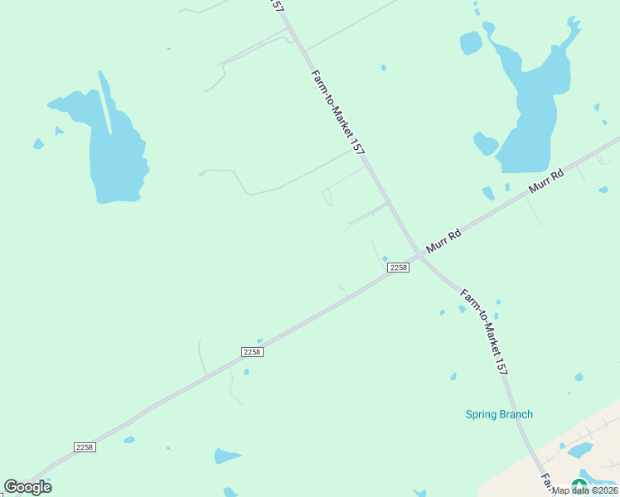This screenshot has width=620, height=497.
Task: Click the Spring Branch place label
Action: (499, 414)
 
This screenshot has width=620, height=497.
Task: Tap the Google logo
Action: (28, 487)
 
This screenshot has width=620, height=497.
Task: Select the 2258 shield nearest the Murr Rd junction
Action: (398, 268)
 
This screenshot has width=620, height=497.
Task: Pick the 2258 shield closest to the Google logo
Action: (85, 447)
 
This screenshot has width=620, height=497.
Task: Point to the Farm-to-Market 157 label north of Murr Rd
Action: (338, 113)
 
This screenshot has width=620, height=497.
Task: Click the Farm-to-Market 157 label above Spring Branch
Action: (483, 332)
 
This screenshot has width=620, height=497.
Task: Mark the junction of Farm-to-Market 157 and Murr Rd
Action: (419, 256)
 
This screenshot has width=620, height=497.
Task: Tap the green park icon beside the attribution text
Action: (579, 485)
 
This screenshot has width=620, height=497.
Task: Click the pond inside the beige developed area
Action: (579, 450)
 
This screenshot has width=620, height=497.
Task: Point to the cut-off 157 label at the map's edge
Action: (278, 5)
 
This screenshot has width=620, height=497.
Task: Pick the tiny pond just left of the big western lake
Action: (38, 144)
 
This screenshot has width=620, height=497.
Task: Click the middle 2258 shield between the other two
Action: (253, 352)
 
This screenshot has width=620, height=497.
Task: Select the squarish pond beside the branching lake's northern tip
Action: (471, 42)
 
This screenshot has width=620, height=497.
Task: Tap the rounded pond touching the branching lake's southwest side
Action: (485, 144)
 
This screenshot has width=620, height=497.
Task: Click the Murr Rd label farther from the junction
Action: (546, 183)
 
